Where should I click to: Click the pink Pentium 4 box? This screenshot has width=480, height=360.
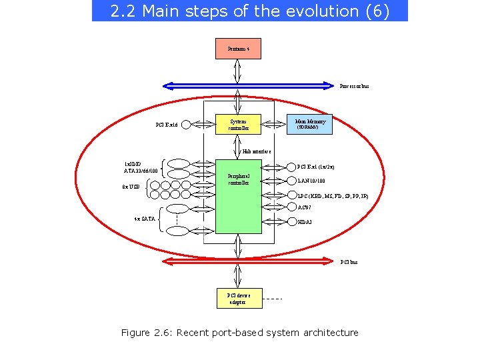tap(238, 49)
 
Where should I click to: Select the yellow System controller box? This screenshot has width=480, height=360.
tap(238, 124)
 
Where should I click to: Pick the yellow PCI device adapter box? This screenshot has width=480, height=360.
tap(238, 299)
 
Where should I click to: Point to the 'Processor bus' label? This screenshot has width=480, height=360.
tap(354, 86)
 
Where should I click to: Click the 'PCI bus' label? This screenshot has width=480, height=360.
tap(349, 262)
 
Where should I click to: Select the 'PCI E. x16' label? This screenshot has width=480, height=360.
tap(167, 124)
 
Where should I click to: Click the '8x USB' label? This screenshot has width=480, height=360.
tap(131, 187)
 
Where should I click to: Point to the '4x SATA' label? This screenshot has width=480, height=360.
tap(145, 218)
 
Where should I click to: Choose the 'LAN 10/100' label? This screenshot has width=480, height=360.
tap(311, 181)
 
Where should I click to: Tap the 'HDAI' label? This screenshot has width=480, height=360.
tap(304, 221)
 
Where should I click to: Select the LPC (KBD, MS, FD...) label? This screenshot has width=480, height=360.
tap(332, 196)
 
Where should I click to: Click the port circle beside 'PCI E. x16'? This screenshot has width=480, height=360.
tap(186, 124)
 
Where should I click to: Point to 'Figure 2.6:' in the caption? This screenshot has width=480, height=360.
tap(145, 333)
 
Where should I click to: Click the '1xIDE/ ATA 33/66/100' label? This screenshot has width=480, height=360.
tap(141, 167)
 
